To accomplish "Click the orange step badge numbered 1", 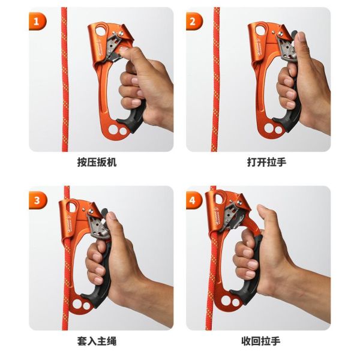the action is click(x=37, y=22).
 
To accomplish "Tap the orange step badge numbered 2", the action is click(x=194, y=22).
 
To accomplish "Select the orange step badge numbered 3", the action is click(x=38, y=200).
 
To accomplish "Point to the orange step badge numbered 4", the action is click(x=194, y=200).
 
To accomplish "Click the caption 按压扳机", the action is click(x=97, y=162).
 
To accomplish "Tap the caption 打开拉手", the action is click(x=266, y=162).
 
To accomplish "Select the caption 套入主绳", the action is click(x=97, y=341).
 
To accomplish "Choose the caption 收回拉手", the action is click(x=261, y=341).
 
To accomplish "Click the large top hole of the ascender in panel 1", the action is click(x=101, y=30).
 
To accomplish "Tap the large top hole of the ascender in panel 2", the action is click(x=260, y=30).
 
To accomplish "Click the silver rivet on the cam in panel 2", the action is click(x=280, y=34).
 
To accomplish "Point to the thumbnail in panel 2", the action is click(x=301, y=36).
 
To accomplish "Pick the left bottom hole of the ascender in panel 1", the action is click(x=113, y=130).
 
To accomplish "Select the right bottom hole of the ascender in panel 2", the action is click(x=278, y=130).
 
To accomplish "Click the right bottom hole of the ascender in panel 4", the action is click(x=236, y=302).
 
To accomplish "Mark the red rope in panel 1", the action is click(x=65, y=79).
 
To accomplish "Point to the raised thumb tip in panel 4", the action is click(x=262, y=208).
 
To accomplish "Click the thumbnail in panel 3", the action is click(x=112, y=215).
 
